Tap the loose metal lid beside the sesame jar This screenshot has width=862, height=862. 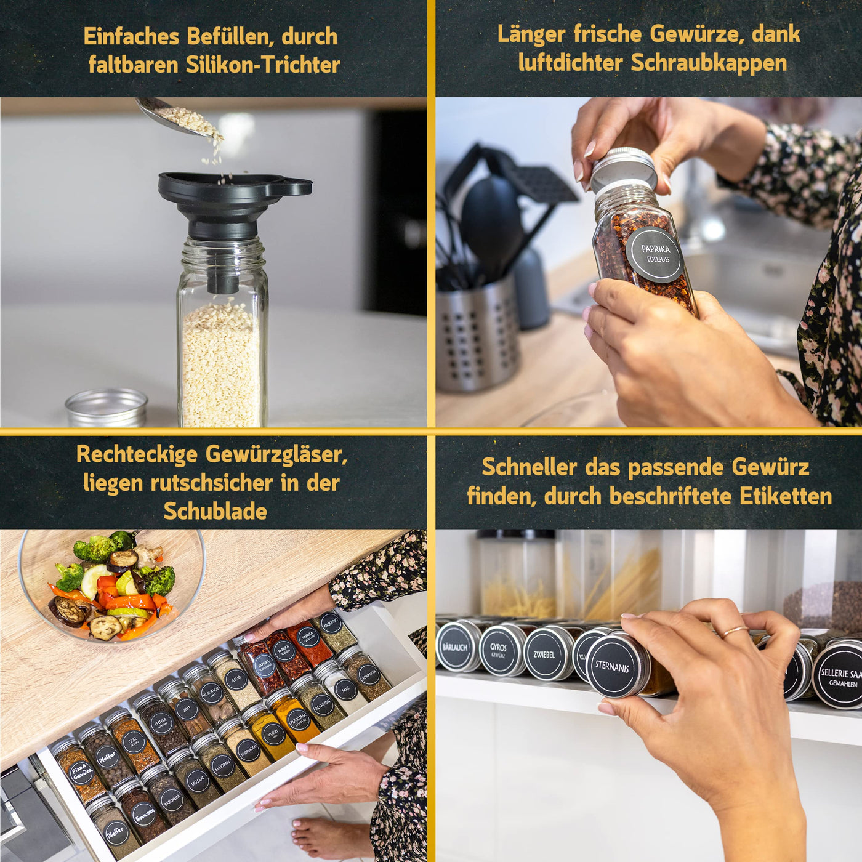[107, 408]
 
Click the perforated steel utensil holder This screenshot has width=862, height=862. [477, 336]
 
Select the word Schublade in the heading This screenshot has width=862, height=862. [215, 511]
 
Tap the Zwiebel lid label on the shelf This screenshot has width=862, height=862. [544, 655]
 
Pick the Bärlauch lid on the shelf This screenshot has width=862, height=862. [456, 647]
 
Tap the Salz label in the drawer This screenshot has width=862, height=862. [345, 689]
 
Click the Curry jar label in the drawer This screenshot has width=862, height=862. [273, 734]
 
